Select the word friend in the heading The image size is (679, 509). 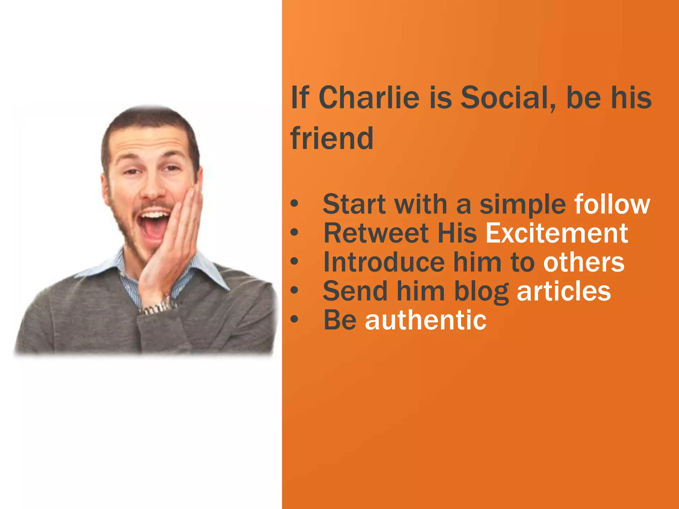[x=332, y=139]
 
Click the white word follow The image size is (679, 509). [x=612, y=204]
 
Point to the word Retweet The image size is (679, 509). [x=376, y=233]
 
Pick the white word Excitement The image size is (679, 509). [x=557, y=233]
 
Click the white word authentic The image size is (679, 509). [x=426, y=320]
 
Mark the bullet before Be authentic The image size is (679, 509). [x=294, y=320]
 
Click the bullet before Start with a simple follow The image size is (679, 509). [x=294, y=204]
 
